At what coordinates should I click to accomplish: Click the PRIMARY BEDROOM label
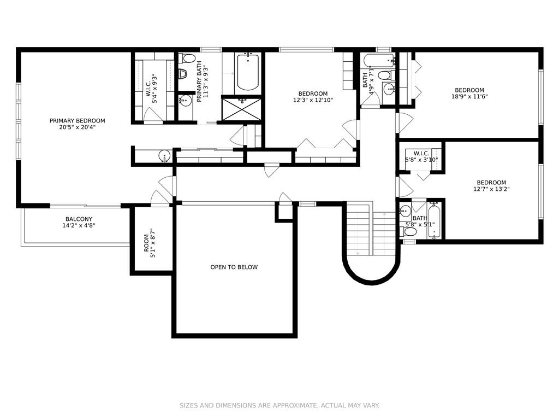point(78,121)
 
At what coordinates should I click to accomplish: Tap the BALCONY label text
point(79,219)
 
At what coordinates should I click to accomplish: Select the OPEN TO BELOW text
point(234,267)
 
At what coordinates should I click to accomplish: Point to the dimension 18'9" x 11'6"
point(469,96)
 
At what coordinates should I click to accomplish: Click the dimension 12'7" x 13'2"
point(491,189)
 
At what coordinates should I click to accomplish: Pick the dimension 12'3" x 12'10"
point(313,101)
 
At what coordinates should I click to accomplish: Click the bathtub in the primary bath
point(248,72)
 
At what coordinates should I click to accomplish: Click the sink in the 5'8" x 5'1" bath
point(406,211)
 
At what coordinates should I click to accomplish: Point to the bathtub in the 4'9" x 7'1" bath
point(379,60)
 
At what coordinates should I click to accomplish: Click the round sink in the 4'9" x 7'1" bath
point(389,89)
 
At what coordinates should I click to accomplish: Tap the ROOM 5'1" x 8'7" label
point(150,243)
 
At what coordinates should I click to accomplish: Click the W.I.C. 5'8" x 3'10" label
point(421,156)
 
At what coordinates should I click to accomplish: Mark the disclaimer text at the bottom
point(279,405)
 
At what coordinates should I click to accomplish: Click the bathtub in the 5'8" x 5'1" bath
point(434,221)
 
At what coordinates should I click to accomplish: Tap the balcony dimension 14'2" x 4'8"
point(79,225)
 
